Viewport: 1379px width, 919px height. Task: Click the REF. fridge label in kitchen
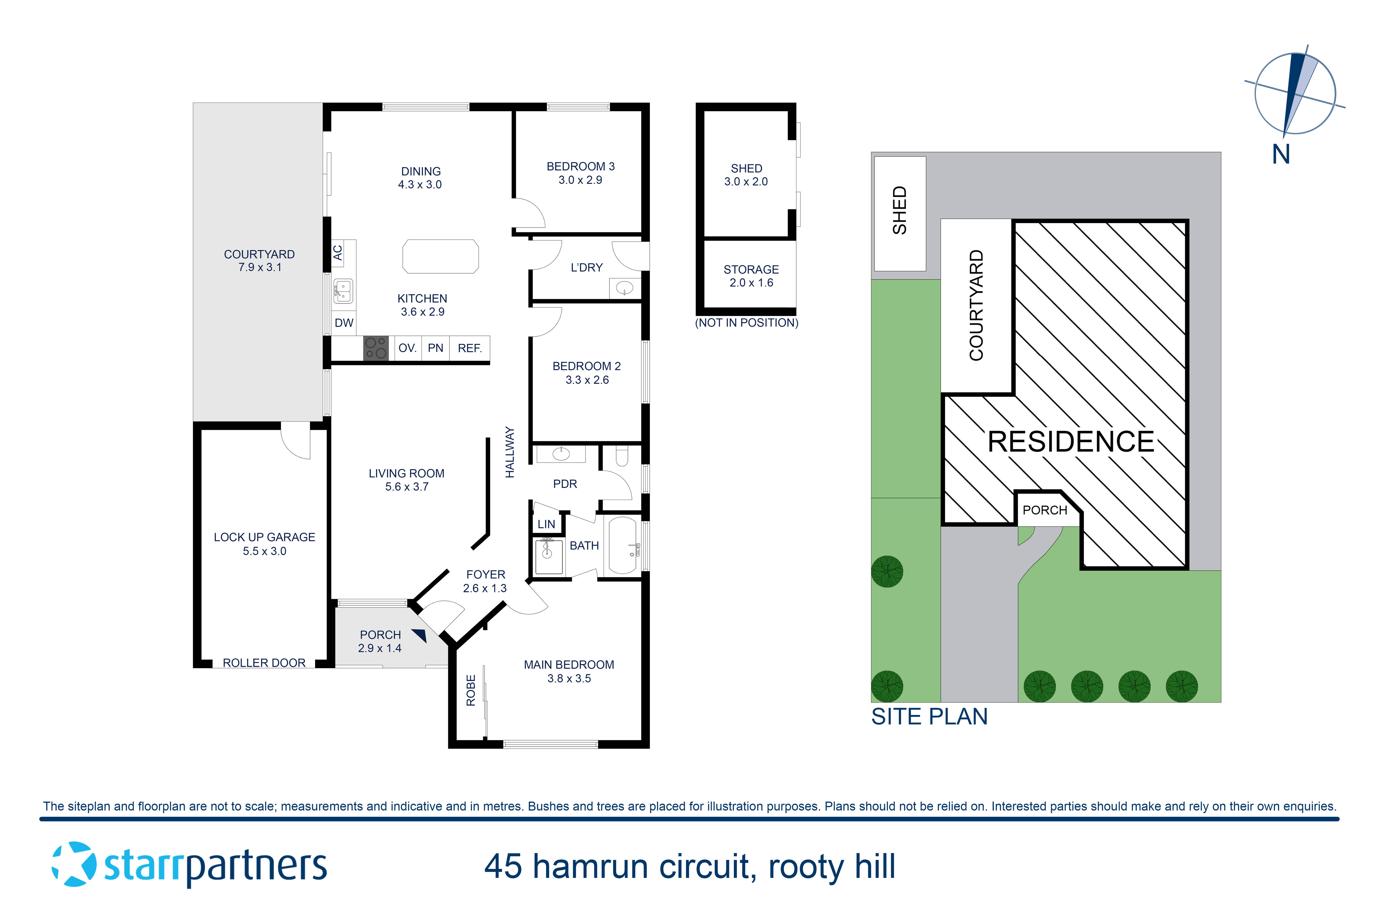click(x=470, y=348)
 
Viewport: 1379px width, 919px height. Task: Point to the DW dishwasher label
click(x=344, y=323)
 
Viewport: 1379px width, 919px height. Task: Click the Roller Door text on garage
click(x=264, y=663)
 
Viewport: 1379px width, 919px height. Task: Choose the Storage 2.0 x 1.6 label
click(x=751, y=276)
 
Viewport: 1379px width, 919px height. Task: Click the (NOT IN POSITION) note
click(x=746, y=323)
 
